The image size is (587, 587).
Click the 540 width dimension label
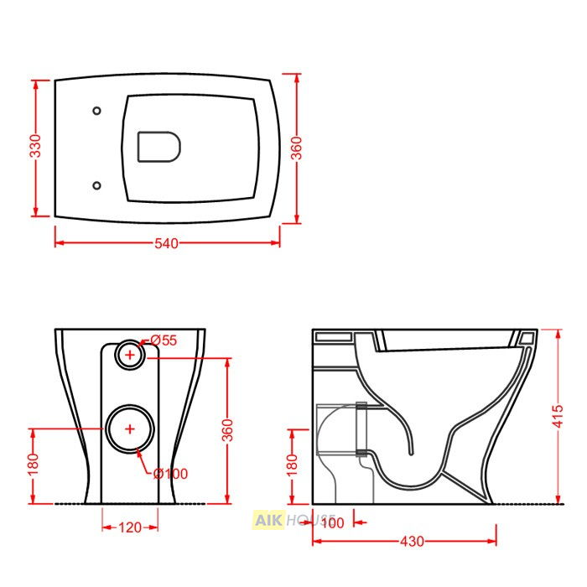point(167,244)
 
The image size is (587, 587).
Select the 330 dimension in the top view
point(36,146)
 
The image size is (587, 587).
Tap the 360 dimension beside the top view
point(297,148)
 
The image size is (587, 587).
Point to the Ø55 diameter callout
point(164,340)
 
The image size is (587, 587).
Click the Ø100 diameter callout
point(171,474)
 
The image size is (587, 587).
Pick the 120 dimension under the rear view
point(130,527)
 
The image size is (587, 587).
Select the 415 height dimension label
point(558,416)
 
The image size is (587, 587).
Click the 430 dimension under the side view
point(413,542)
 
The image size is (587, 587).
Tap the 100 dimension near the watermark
point(332,522)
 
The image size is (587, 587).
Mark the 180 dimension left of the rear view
point(34,464)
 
